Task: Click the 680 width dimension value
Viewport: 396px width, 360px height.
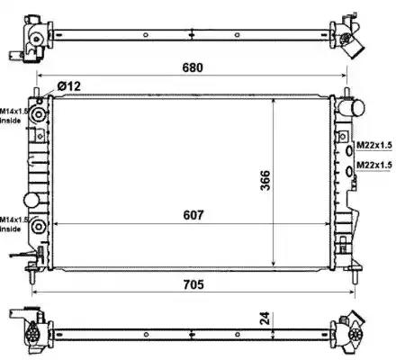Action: (193, 67)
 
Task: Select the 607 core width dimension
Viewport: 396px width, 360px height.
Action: (193, 215)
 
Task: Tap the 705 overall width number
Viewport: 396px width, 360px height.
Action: (193, 284)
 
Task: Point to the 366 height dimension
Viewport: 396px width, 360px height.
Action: (265, 180)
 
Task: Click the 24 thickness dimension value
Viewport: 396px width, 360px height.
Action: (265, 319)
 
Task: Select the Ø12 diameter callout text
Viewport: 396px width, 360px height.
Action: (68, 86)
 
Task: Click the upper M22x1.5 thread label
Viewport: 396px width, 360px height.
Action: (374, 145)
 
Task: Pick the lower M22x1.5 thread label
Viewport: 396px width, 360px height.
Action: (374, 165)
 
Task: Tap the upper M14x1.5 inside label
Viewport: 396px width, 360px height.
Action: (13, 116)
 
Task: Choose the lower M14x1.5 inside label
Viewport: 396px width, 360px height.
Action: (13, 224)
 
